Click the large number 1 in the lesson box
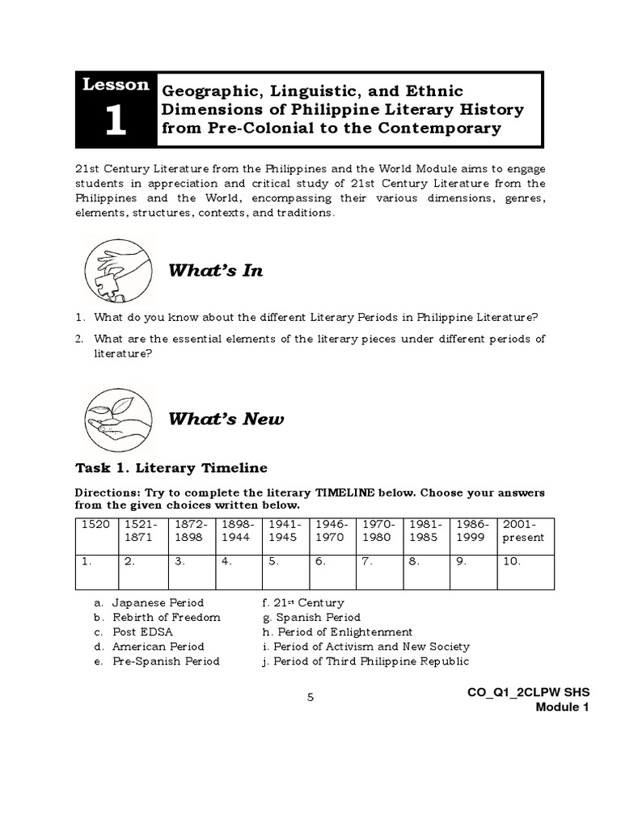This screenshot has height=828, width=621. point(114,120)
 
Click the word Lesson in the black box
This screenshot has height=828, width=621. point(114,85)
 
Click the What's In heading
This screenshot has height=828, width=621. point(215,271)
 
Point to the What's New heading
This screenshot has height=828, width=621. point(226,419)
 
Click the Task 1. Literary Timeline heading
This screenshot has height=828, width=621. point(171,468)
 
